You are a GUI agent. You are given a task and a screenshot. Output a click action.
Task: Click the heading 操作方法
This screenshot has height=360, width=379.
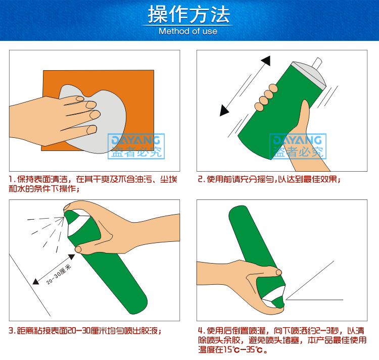click(x=188, y=15)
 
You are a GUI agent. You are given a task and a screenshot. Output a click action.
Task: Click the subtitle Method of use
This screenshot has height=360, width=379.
click(x=188, y=31)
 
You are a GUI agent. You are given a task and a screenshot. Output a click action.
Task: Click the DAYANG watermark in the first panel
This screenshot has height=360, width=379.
click(x=136, y=146)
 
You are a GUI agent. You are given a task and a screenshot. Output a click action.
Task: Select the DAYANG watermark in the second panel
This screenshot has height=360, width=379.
click(x=298, y=146)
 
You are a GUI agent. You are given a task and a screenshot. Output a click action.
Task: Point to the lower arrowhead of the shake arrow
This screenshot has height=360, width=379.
click(x=224, y=111)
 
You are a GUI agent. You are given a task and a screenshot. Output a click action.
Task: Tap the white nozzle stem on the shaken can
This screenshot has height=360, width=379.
click(x=317, y=62)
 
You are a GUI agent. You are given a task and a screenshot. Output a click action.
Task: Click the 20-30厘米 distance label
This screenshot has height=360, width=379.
click(x=59, y=274)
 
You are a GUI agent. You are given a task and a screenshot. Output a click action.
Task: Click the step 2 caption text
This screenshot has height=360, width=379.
click(x=269, y=179)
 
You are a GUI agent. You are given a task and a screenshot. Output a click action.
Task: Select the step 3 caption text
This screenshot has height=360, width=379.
click(x=85, y=331)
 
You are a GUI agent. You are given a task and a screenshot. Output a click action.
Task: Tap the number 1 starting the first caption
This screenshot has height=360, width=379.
click(x=11, y=179)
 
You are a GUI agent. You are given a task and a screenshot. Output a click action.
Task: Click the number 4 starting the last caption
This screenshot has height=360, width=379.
click(x=200, y=331)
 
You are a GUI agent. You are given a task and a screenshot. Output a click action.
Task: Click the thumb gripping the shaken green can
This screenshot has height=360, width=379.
click(x=305, y=114)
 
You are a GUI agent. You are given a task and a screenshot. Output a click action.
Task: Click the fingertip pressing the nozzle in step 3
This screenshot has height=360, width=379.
click(x=67, y=207)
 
